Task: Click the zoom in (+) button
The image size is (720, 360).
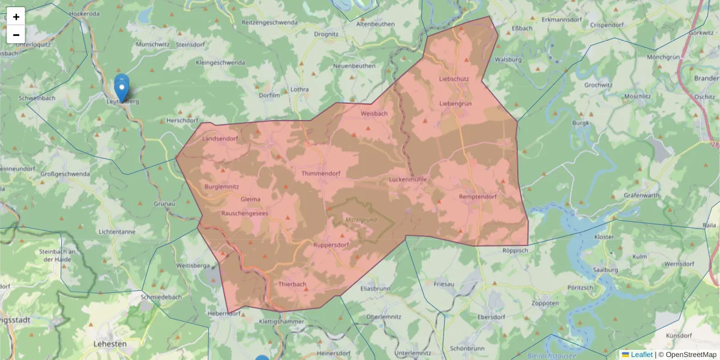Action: click(16, 17)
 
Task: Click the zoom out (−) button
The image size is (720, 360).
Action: click(16, 35)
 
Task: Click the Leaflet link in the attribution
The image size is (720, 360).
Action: click(641, 355)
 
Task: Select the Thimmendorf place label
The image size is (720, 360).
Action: click(321, 173)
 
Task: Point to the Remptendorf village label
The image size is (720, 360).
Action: click(478, 197)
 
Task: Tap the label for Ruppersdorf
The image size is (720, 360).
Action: click(331, 245)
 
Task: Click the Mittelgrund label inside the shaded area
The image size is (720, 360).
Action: click(361, 220)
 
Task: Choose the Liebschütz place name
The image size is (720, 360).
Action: click(454, 79)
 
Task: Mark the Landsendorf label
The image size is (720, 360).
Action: click(220, 139)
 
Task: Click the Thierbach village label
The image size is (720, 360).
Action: click(293, 284)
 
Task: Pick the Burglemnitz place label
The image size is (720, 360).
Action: click(222, 187)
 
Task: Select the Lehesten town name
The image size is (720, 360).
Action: click(110, 344)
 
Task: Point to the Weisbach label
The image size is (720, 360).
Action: click(374, 113)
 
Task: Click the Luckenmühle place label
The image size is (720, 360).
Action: click(407, 179)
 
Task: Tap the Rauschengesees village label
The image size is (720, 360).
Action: click(245, 212)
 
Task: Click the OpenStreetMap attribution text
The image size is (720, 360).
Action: click(691, 355)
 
